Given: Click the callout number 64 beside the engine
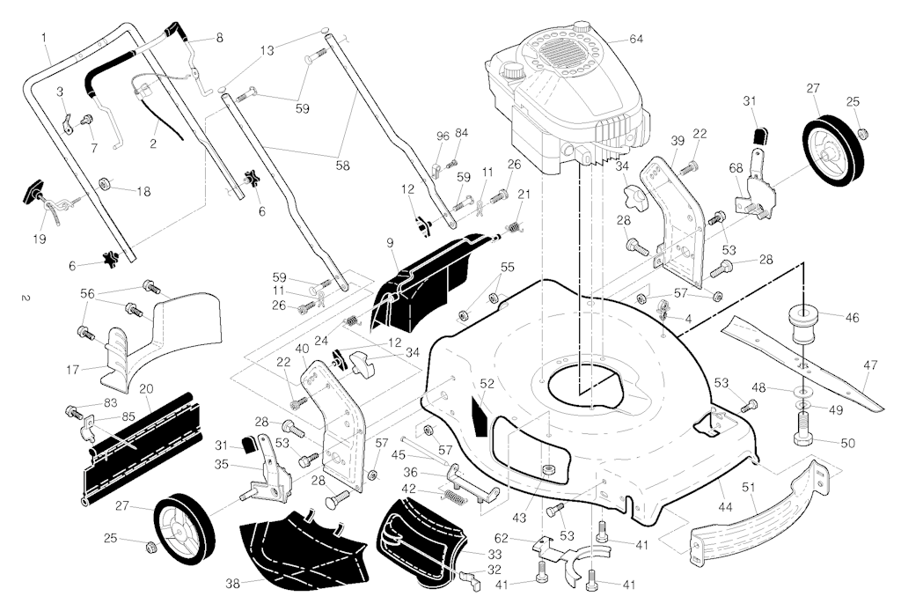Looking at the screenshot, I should (x=636, y=39).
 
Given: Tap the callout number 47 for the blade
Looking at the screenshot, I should (x=869, y=364).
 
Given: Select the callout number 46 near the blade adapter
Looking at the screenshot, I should (x=852, y=317).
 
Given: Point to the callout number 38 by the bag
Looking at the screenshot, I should (x=232, y=583).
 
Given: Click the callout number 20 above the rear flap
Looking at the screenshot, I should (x=146, y=388).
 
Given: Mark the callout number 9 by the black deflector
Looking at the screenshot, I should (x=389, y=242).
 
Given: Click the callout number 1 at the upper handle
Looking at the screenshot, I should (x=44, y=36).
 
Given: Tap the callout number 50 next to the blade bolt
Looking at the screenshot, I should (x=847, y=443).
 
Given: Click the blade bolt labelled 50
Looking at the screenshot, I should (x=805, y=435).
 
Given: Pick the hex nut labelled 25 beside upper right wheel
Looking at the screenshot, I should (x=863, y=133).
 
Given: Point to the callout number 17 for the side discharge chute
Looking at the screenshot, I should (x=73, y=367).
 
